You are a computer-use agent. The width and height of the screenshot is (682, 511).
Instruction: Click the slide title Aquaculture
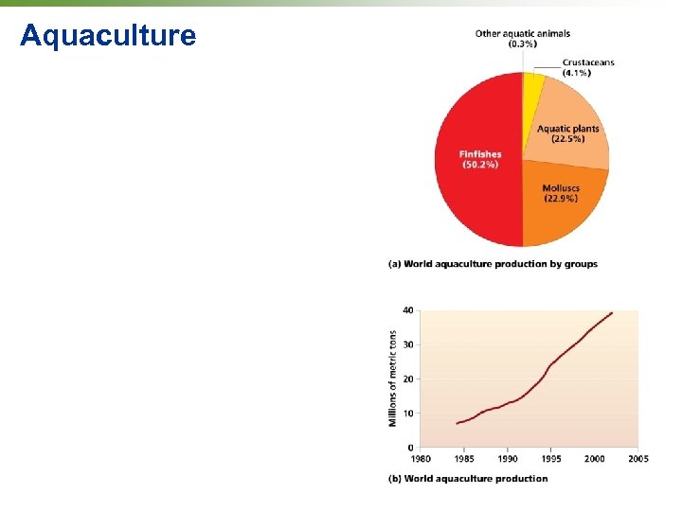[108, 36]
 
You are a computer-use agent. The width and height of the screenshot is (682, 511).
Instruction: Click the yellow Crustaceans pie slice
[533, 85]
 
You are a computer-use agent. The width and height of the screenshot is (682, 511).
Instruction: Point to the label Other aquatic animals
[522, 34]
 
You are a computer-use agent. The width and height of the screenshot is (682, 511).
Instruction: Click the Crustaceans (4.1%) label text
[588, 67]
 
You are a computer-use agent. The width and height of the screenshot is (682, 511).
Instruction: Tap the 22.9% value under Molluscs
[561, 199]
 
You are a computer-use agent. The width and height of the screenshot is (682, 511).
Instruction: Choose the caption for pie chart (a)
[493, 264]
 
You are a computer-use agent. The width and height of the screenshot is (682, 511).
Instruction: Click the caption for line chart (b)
[468, 479]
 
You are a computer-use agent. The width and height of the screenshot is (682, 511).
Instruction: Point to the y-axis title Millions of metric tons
[393, 379]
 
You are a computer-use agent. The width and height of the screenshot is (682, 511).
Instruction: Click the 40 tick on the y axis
[407, 310]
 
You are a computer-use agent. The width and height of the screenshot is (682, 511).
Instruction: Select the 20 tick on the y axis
[407, 379]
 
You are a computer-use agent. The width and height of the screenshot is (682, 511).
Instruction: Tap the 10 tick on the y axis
[407, 414]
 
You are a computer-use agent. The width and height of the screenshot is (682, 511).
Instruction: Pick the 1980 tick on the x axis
[420, 459]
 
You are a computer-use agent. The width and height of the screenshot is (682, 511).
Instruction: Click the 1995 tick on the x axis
[550, 459]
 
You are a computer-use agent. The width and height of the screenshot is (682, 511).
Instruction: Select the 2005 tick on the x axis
[637, 459]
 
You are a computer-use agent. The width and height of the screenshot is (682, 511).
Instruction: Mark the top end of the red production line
[612, 313]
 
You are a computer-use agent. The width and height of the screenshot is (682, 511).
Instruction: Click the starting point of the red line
[457, 423]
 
